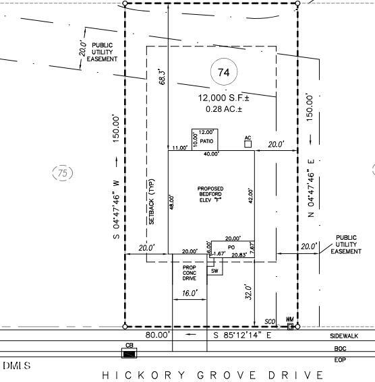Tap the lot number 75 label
pos(62,173)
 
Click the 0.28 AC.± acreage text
pos(219,109)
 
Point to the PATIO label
pos(206,141)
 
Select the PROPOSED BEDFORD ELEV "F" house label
pos(210,194)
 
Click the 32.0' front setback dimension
pos(248,293)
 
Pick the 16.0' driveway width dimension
pos(190,293)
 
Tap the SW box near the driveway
pos(214,271)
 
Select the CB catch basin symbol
pos(129,353)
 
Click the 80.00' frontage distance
pos(158,335)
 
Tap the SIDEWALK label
pos(344,336)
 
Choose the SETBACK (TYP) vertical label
pos(152,202)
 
